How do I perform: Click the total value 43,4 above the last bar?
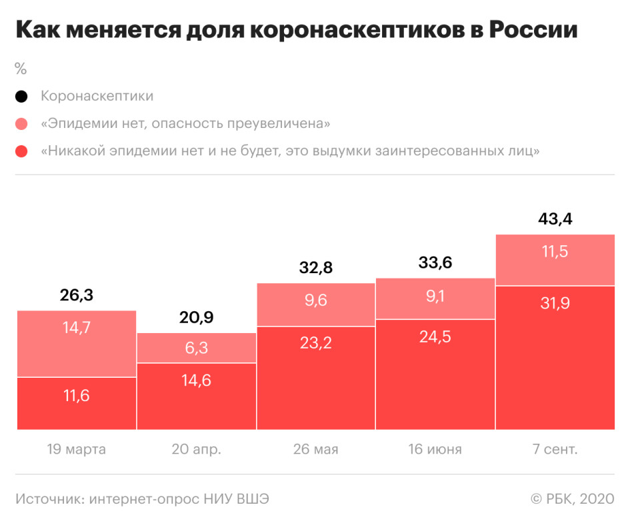pyautogui.click(x=555, y=219)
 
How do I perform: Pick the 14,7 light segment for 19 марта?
pyautogui.click(x=77, y=344)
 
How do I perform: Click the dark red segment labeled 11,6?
pyautogui.click(x=77, y=404)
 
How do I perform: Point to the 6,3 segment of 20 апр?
pyautogui.click(x=196, y=348)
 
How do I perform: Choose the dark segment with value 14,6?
pyautogui.click(x=196, y=396)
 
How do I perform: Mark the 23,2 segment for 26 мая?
pyautogui.click(x=316, y=378)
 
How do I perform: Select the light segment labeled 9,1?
pyautogui.click(x=435, y=298)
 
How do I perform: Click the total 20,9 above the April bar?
pyautogui.click(x=196, y=318)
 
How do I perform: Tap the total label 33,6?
pyautogui.click(x=435, y=262)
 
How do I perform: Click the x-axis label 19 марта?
pyautogui.click(x=77, y=450)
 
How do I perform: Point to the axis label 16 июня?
pyautogui.click(x=435, y=450)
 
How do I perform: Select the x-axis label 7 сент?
pyautogui.click(x=555, y=450)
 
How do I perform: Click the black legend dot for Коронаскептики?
pyautogui.click(x=21, y=97)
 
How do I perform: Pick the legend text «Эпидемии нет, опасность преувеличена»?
pyautogui.click(x=185, y=124)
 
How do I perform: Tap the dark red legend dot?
pyautogui.click(x=21, y=151)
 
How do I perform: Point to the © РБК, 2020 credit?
pyautogui.click(x=572, y=499)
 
